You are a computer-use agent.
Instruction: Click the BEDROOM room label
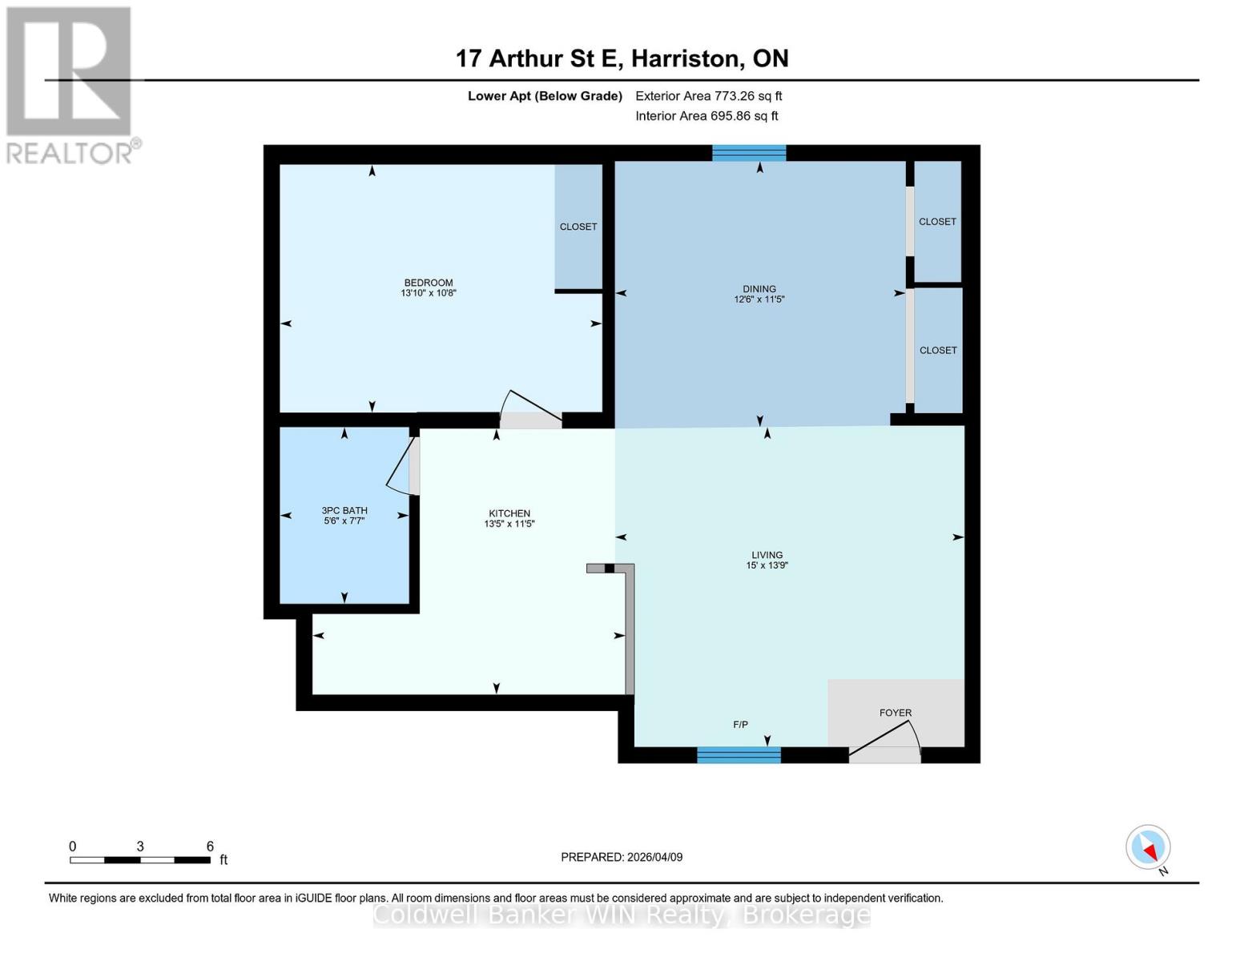coord(429,283)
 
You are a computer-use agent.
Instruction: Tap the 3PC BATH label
coord(344,510)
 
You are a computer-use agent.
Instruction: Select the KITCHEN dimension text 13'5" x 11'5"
coord(509,525)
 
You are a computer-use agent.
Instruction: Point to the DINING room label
coord(759,289)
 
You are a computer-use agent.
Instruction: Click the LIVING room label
coord(767,555)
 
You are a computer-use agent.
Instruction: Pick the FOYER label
coord(895,713)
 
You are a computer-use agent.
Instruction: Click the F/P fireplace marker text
coord(740,725)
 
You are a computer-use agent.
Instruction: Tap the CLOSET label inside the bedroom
coord(578,227)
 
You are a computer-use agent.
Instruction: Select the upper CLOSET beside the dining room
coord(937,222)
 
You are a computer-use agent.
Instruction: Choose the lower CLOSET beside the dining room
coord(938,350)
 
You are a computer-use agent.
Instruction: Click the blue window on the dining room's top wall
coord(749,153)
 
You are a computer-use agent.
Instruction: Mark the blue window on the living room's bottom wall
coord(739,754)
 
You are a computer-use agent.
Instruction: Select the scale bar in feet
coord(140,860)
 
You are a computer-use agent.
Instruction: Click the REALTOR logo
coord(70,84)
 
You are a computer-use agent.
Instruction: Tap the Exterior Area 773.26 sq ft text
coord(708,96)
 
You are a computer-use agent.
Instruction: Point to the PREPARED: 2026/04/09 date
coord(622,857)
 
